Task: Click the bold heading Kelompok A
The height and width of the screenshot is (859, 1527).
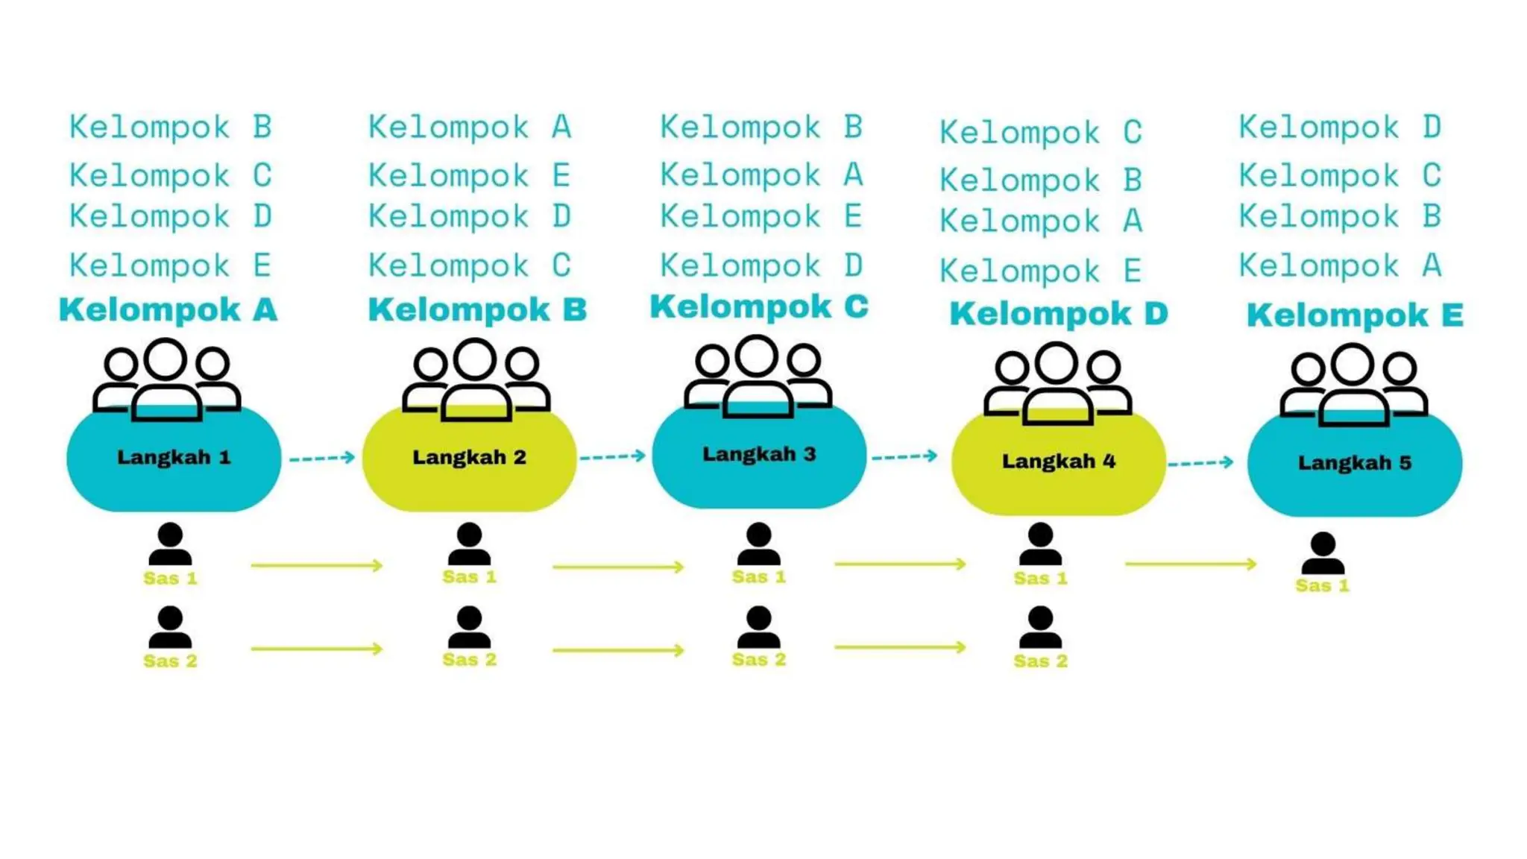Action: [168, 309]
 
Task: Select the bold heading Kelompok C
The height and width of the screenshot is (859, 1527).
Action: [759, 306]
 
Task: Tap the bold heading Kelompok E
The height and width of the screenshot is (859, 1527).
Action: [1355, 315]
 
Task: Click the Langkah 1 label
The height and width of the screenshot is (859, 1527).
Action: [174, 457]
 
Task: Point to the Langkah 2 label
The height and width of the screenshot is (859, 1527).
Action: [469, 457]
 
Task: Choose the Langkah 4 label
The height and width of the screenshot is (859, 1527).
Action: [1058, 462]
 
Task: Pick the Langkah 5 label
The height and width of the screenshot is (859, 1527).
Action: [1354, 463]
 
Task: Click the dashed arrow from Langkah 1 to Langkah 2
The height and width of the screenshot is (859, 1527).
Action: [322, 457]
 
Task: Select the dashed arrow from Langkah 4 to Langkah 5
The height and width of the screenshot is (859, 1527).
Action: [1200, 463]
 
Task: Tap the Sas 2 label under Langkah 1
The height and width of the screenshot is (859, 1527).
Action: [170, 661]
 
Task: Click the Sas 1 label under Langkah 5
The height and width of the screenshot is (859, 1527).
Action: [1322, 585]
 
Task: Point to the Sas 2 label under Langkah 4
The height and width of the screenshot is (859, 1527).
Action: [1040, 661]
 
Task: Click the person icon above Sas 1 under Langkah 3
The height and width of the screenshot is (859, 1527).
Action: [758, 544]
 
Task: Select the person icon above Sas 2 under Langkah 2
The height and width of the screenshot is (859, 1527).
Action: [469, 627]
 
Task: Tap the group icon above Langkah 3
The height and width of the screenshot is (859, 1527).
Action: [758, 377]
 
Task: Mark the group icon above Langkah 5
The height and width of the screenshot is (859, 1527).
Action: [1353, 384]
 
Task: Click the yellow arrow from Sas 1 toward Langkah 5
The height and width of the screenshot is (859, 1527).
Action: [1190, 564]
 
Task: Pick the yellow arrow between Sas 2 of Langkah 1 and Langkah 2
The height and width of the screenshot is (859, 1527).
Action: [316, 649]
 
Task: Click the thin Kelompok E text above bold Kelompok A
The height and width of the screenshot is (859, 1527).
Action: [170, 265]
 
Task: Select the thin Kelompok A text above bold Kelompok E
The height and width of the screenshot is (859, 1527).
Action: [1340, 265]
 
